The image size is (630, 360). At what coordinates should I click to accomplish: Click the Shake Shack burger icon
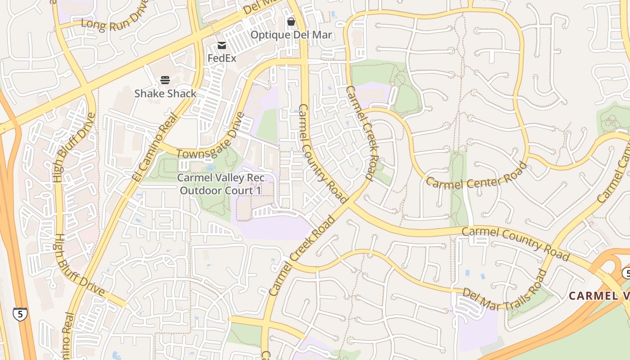(x=165, y=80)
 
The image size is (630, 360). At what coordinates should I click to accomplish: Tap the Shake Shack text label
(x=165, y=94)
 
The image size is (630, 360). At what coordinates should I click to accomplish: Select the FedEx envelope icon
(x=221, y=45)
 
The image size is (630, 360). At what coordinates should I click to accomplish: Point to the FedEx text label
(x=221, y=58)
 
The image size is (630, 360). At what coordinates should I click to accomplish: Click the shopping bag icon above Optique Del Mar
(x=291, y=22)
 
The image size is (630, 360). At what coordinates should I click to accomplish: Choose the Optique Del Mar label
(x=291, y=35)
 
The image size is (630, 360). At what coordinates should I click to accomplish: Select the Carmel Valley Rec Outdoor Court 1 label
(x=220, y=184)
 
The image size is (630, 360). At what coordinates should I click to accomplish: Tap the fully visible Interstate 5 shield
(x=19, y=314)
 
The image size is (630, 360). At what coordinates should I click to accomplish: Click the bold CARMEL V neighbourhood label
(x=598, y=296)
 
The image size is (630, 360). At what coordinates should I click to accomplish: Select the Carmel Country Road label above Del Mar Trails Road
(x=516, y=243)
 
